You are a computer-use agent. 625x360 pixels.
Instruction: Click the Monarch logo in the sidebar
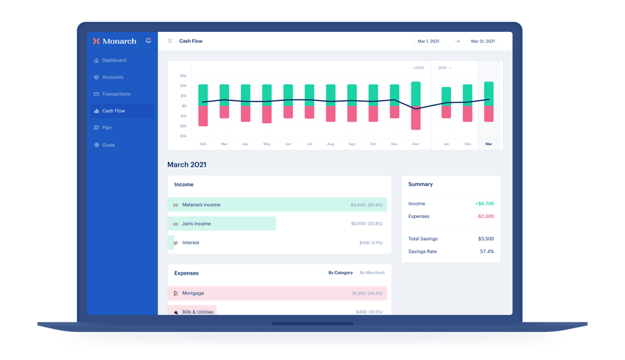click(115, 41)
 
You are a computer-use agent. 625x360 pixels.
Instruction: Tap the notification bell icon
click(148, 40)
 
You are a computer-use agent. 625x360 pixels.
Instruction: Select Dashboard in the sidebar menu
click(114, 61)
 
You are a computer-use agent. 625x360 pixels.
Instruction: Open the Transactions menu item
click(116, 94)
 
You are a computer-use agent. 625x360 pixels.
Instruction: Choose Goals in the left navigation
click(108, 145)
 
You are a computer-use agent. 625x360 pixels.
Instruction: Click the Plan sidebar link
click(107, 128)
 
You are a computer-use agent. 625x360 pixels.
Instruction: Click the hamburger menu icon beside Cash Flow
click(170, 41)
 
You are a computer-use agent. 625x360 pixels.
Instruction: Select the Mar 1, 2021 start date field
click(428, 41)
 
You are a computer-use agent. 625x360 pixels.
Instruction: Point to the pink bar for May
click(267, 114)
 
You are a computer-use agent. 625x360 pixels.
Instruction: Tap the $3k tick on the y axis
click(183, 76)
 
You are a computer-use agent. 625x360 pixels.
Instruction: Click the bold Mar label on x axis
click(488, 143)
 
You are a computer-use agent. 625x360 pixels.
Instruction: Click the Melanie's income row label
click(201, 204)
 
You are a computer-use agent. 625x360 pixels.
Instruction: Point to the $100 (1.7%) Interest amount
click(370, 243)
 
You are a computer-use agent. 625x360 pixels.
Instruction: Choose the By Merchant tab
click(372, 273)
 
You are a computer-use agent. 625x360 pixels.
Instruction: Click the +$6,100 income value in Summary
click(484, 203)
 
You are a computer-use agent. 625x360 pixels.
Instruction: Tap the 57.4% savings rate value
click(486, 251)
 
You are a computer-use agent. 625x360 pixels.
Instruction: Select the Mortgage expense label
click(193, 293)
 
